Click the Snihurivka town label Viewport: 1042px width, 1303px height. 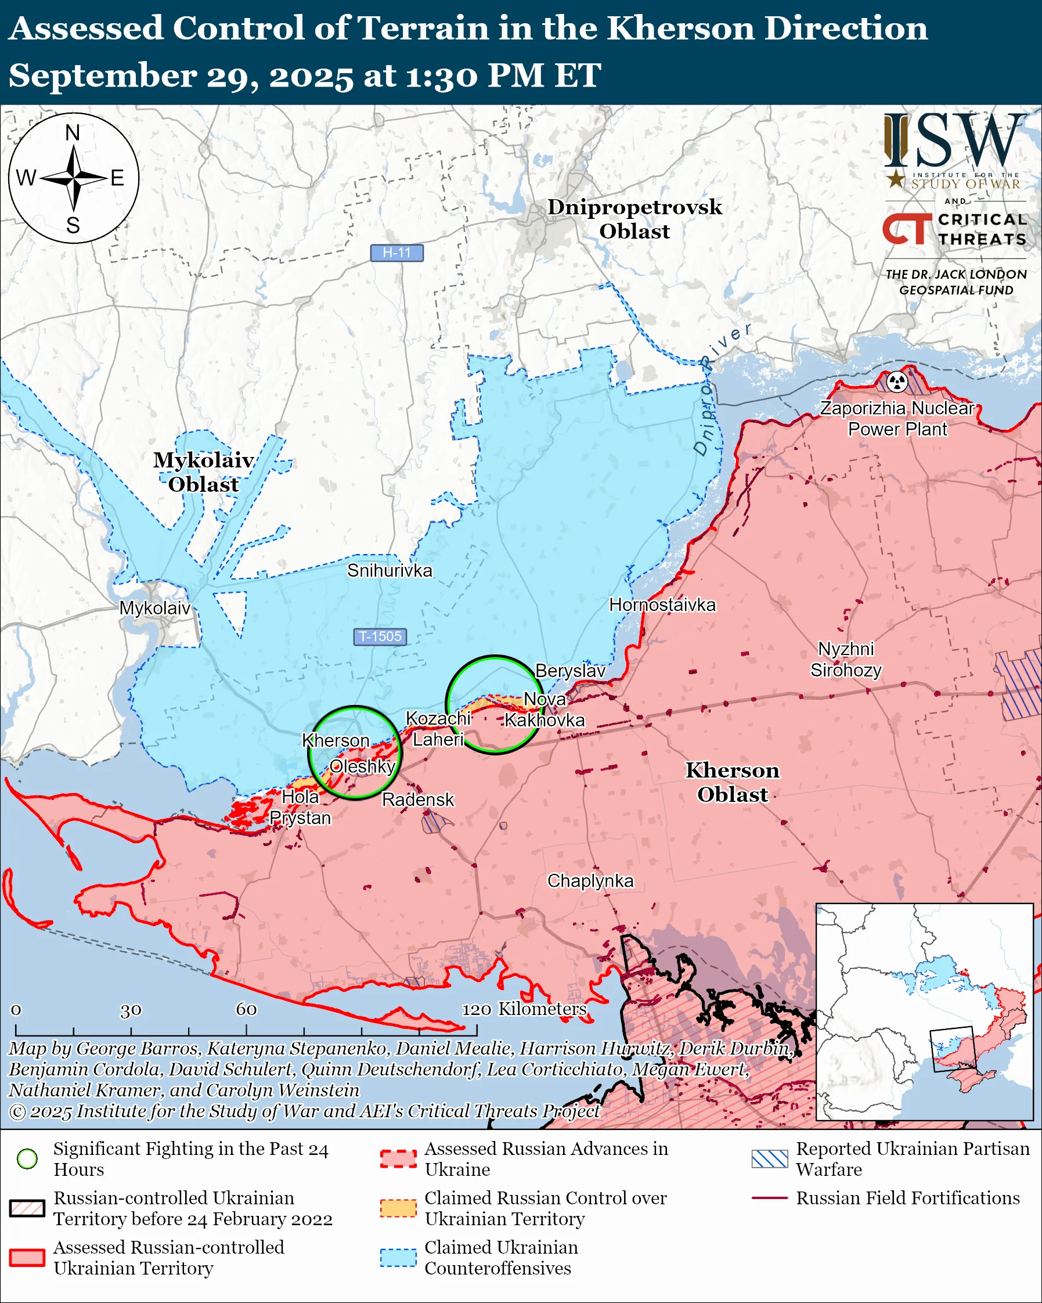coord(390,571)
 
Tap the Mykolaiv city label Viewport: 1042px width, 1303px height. coord(154,607)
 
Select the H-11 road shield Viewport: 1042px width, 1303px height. coord(397,253)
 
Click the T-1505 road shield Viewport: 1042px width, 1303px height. coord(380,636)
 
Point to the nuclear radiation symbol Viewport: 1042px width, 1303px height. coord(897,381)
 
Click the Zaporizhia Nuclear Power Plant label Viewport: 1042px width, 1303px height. coord(897,419)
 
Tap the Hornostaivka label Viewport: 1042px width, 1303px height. coord(662,604)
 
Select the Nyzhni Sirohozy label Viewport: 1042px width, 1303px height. coord(846,660)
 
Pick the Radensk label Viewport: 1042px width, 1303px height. coord(417,800)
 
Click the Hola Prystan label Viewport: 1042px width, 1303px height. coord(300,808)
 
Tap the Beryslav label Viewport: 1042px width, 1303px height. coord(569,671)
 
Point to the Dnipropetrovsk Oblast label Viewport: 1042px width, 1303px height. coord(634,219)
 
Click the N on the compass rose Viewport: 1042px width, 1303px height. coord(73,132)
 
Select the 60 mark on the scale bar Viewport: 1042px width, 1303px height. coord(246,1009)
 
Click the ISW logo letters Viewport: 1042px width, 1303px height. coord(954,141)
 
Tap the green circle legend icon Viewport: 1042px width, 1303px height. coord(27,1158)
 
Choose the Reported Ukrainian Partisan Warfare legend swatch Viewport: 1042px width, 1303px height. coord(770,1158)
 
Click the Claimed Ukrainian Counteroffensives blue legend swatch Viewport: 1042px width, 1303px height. coord(398,1257)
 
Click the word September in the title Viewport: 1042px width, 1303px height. coord(103,76)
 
